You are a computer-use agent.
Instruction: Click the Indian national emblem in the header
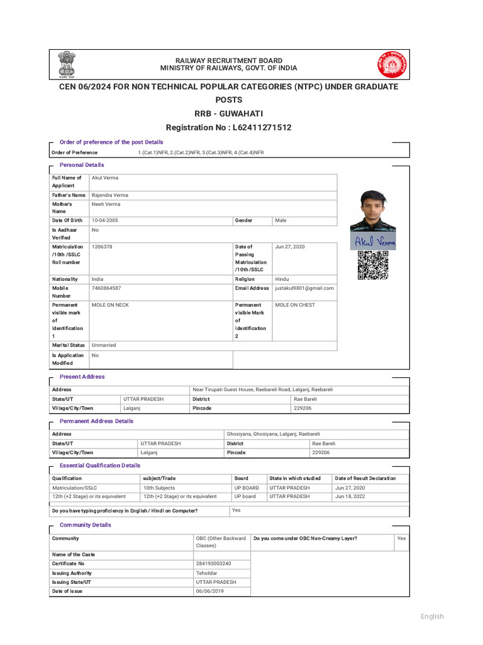(x=65, y=64)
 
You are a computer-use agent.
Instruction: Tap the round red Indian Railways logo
(x=392, y=64)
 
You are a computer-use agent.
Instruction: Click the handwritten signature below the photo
(x=375, y=243)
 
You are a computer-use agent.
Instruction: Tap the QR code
(x=372, y=265)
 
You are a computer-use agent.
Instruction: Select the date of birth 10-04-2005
(x=105, y=220)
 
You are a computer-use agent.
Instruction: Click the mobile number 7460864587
(x=106, y=288)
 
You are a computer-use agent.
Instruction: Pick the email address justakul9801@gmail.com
(x=304, y=288)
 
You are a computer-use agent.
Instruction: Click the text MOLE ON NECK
(x=110, y=305)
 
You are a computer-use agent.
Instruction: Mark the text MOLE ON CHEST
(x=295, y=305)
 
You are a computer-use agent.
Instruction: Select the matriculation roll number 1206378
(x=102, y=247)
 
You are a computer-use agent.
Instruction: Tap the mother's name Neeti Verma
(x=106, y=204)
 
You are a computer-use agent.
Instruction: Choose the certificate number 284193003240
(x=213, y=564)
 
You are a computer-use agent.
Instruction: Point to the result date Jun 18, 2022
(x=350, y=496)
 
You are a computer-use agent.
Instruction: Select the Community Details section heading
(x=85, y=525)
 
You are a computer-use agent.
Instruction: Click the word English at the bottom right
(x=432, y=616)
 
